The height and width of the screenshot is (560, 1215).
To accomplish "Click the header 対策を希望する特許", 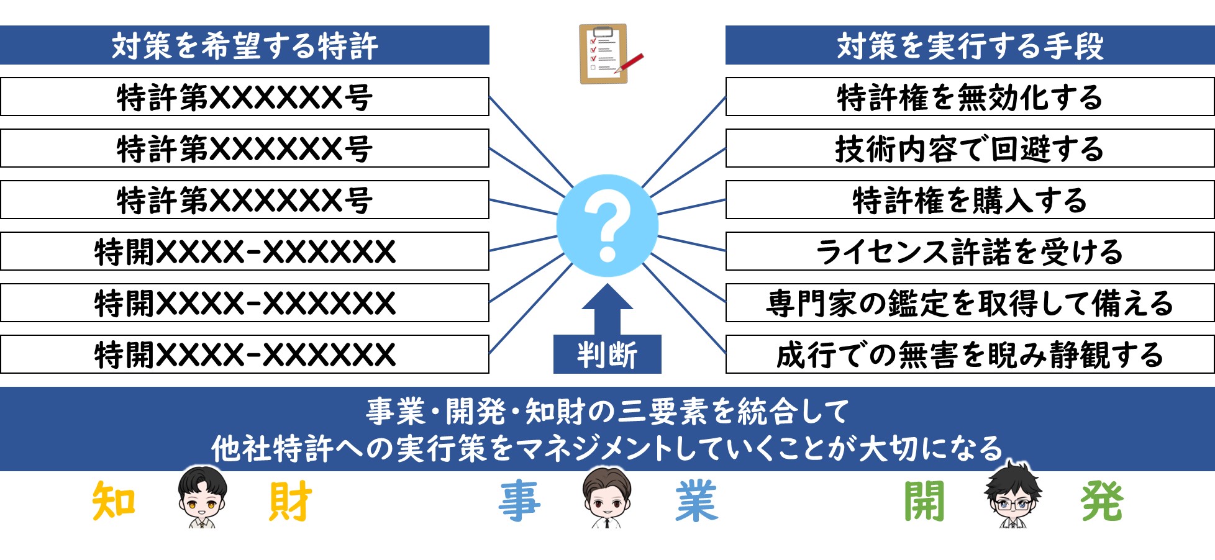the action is click(x=245, y=45).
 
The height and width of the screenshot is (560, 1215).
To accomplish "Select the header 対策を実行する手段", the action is click(x=970, y=45).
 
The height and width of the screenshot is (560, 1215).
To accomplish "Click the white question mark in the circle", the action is click(x=607, y=225).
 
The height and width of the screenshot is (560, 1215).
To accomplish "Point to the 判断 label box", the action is click(x=607, y=355).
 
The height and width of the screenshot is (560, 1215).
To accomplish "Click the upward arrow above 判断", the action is click(x=607, y=310).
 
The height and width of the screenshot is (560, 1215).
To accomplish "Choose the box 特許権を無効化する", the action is click(x=970, y=97).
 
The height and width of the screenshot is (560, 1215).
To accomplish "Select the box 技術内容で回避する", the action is click(x=970, y=148).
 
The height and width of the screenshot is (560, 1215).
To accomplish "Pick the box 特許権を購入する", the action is click(x=970, y=200).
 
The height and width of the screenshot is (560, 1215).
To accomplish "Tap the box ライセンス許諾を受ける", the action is click(x=970, y=251).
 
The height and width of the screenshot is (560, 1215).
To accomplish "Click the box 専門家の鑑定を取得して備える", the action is click(x=970, y=303).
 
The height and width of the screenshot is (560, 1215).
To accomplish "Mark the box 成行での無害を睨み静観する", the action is click(x=970, y=355).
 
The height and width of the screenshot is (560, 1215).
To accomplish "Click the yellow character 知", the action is click(x=114, y=501).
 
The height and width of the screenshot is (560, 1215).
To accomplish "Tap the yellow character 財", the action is click(x=290, y=501).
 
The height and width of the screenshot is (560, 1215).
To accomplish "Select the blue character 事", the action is click(x=519, y=501).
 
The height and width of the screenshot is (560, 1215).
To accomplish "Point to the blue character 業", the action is click(x=696, y=501).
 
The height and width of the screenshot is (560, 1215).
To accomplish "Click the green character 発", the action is click(x=1102, y=501).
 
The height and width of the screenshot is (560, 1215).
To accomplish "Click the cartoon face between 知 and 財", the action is click(x=202, y=497).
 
